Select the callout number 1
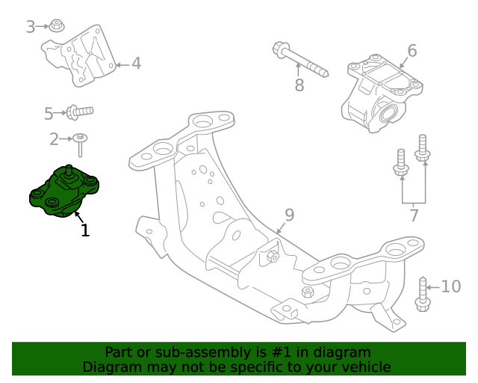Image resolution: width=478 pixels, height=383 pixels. tap(85, 231)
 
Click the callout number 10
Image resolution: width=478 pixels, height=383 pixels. tap(451, 287)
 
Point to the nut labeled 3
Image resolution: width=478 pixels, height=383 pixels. tap(56, 27)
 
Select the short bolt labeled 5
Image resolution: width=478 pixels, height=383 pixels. tap(78, 112)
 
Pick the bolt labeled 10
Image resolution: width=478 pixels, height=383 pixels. tap(423, 295)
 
